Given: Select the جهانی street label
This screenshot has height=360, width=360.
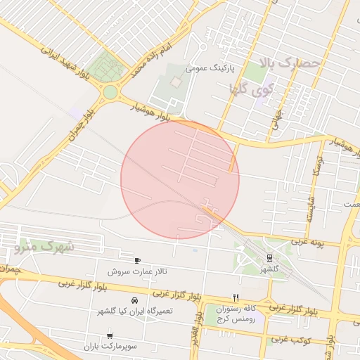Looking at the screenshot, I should (x=276, y=120).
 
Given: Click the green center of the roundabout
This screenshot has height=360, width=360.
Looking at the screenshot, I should (x=110, y=92).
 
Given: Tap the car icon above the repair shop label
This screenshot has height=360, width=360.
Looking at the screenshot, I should (x=134, y=300).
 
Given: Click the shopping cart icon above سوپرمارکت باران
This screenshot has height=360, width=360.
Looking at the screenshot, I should (x=110, y=336).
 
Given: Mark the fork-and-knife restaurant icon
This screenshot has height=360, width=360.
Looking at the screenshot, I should (x=236, y=297).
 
